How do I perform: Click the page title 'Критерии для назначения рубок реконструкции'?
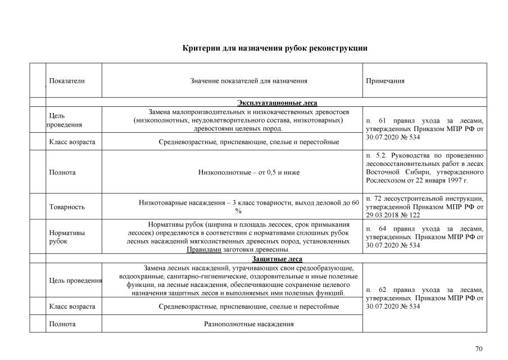(x=275, y=48)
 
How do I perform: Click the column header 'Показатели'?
(x=67, y=81)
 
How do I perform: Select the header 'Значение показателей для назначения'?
(x=249, y=81)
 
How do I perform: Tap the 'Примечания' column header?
(x=385, y=81)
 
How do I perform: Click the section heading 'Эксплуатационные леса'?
(x=277, y=102)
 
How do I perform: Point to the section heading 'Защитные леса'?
(x=277, y=259)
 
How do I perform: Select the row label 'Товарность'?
(x=67, y=207)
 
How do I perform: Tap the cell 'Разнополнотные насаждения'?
(x=248, y=324)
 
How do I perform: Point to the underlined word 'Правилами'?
(x=205, y=250)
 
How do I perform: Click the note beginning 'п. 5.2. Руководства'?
(x=424, y=168)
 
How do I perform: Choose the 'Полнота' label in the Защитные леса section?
(x=62, y=324)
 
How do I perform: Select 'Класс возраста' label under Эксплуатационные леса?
(x=72, y=142)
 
